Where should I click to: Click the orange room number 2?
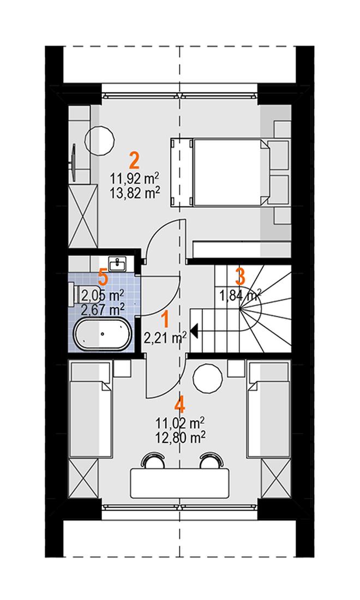pyautogui.click(x=134, y=161)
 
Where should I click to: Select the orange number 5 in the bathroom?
pyautogui.click(x=102, y=277)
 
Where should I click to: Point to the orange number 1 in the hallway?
pyautogui.click(x=165, y=320)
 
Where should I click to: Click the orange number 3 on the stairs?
pyautogui.click(x=240, y=277)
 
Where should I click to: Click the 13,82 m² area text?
pyautogui.click(x=134, y=194)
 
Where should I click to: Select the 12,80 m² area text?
pyautogui.click(x=179, y=437)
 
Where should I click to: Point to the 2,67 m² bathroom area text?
pyautogui.click(x=103, y=308)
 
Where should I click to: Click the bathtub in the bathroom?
pyautogui.click(x=102, y=334)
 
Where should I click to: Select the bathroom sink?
pyautogui.click(x=118, y=263)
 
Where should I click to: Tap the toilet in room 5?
pyautogui.click(x=76, y=295)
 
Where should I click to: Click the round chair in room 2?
pyautogui.click(x=100, y=141)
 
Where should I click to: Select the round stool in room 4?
pyautogui.click(x=208, y=377)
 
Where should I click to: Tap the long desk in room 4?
pyautogui.click(x=179, y=483)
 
